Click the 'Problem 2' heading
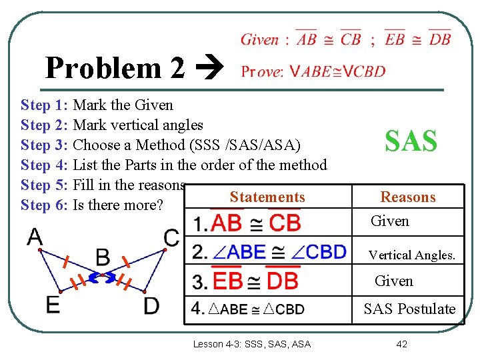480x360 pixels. [114, 67]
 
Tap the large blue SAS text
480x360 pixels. [411, 141]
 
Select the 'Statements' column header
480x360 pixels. [267, 197]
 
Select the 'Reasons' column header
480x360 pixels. [407, 197]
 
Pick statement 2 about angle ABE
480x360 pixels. [269, 251]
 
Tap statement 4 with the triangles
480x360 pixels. [248, 309]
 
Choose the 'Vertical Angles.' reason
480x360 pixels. [412, 255]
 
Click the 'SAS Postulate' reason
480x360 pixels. [409, 309]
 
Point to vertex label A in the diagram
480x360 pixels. [35, 237]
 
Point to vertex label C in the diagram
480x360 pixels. [171, 237]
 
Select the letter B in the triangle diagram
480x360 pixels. [103, 257]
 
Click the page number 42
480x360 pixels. [401, 344]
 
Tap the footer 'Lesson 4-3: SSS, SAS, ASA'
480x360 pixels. [251, 344]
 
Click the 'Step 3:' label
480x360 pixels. [45, 145]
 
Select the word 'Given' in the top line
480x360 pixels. [259, 39]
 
